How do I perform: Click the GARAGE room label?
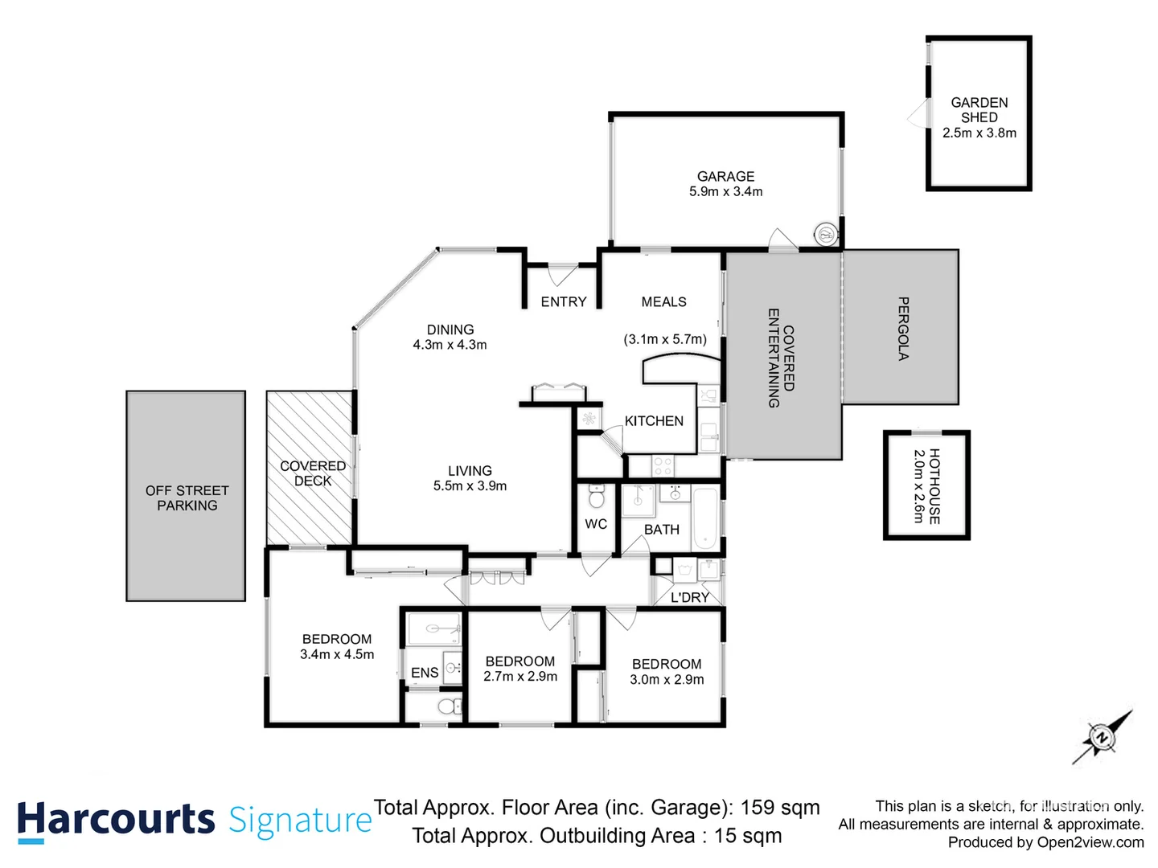click(725, 176)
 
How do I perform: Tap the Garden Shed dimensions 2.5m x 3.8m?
click(979, 133)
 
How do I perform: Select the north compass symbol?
click(1102, 736)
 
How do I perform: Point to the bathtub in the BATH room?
click(705, 518)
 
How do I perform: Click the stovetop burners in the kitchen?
click(663, 465)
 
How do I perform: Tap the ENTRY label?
click(563, 302)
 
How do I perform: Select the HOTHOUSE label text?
click(934, 486)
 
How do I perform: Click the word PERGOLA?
click(903, 329)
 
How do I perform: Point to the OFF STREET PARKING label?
click(187, 497)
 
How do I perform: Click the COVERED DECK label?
click(312, 473)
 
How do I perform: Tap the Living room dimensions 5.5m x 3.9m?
click(470, 486)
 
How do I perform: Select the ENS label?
click(425, 673)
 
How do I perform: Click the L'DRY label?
click(689, 597)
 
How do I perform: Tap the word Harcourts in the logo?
click(116, 820)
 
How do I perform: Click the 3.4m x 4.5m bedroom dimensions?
click(337, 654)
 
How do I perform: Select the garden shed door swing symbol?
click(918, 116)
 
